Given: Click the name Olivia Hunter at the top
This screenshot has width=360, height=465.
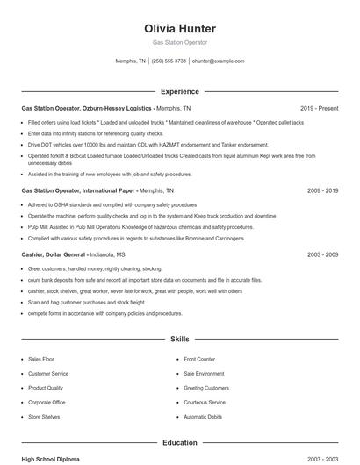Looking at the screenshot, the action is click(x=179, y=29).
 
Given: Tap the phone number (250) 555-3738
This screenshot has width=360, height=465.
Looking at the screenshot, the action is click(x=169, y=61).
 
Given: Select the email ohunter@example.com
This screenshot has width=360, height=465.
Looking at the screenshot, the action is click(x=218, y=61).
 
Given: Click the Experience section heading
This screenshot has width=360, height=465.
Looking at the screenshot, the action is click(x=179, y=91).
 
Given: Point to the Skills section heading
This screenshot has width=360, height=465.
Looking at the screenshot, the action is click(x=179, y=338).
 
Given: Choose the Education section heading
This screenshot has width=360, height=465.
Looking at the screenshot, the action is click(x=179, y=443).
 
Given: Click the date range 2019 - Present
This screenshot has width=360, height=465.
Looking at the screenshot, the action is click(x=319, y=108).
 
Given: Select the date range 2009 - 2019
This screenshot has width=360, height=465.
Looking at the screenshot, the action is click(x=322, y=190).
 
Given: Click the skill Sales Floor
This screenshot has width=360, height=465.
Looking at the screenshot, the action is click(x=41, y=360).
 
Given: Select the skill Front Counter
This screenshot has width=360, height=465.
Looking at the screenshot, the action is click(x=199, y=360).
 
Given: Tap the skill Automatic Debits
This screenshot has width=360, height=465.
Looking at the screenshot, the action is click(x=203, y=416).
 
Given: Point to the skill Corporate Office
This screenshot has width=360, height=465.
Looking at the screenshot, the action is click(x=47, y=402).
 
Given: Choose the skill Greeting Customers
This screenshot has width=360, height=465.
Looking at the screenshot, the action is click(x=206, y=388).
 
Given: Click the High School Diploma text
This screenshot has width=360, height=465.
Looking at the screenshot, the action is click(x=52, y=459).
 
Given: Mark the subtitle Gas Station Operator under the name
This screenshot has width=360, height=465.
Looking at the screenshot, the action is click(x=179, y=43).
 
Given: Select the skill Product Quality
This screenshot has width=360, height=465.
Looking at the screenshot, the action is click(x=45, y=388).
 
